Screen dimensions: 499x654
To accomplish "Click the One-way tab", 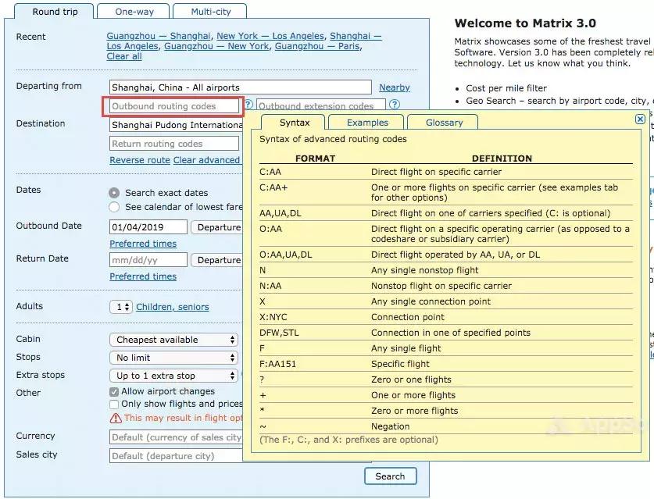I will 134,12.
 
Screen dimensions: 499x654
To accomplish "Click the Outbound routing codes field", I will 174,106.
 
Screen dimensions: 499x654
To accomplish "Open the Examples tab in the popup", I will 367,123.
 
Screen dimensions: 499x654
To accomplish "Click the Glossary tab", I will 445,123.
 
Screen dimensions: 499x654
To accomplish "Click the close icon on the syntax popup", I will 640,119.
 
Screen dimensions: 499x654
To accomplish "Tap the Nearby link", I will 394,87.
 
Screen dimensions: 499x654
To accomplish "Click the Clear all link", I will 124,56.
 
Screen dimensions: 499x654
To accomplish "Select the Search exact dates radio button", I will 115,192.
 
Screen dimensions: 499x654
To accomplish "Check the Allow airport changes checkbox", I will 115,392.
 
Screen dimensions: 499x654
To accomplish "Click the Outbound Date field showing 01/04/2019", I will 148,227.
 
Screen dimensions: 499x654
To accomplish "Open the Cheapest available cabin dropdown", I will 173,340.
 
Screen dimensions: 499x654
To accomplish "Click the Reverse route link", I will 140,160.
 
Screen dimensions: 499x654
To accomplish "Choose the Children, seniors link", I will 173,307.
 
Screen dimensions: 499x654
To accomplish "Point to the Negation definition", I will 391,426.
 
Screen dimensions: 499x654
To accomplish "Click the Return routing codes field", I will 174,144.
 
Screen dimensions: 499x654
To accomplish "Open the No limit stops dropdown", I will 173,358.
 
